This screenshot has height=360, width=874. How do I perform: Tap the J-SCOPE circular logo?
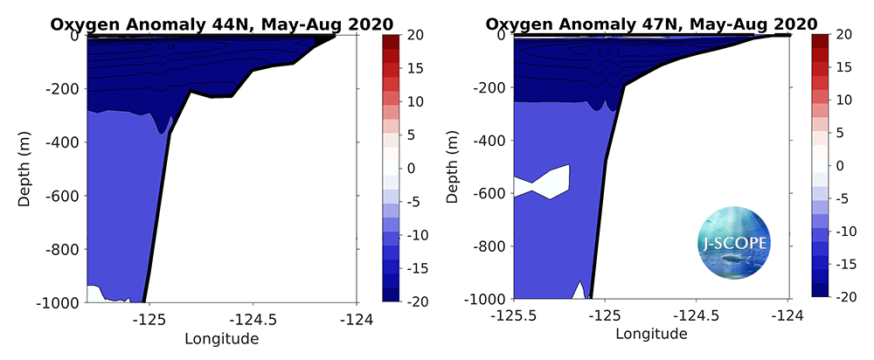click(735, 244)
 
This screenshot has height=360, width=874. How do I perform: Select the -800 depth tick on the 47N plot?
click(489, 246)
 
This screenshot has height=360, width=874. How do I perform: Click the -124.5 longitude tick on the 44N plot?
click(254, 320)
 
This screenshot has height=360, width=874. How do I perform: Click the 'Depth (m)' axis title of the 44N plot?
click(25, 169)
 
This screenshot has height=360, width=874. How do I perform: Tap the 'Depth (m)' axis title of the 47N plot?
click(453, 166)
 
